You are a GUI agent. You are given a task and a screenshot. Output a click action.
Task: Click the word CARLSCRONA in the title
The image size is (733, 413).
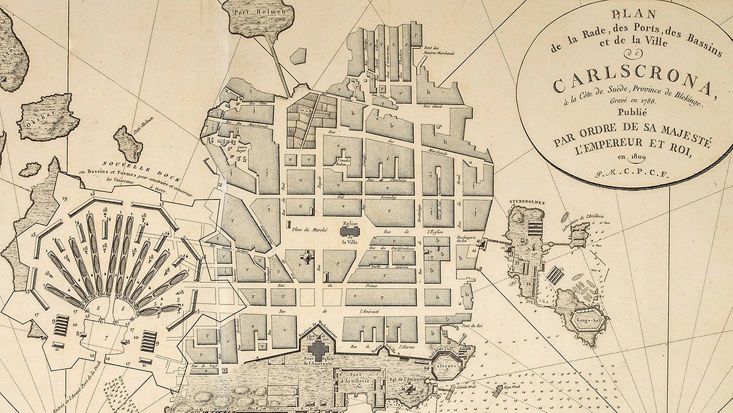click(633, 86)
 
